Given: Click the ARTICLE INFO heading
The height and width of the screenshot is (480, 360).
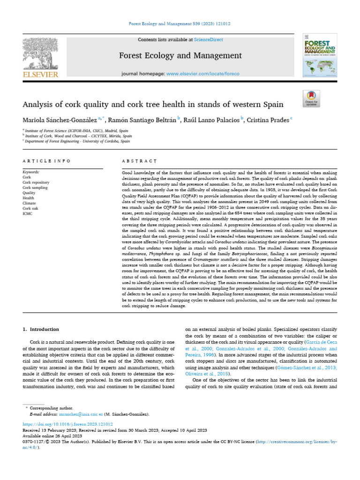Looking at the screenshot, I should pos(46,161).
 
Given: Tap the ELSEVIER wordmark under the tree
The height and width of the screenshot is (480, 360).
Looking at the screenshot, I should pos(40,75).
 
